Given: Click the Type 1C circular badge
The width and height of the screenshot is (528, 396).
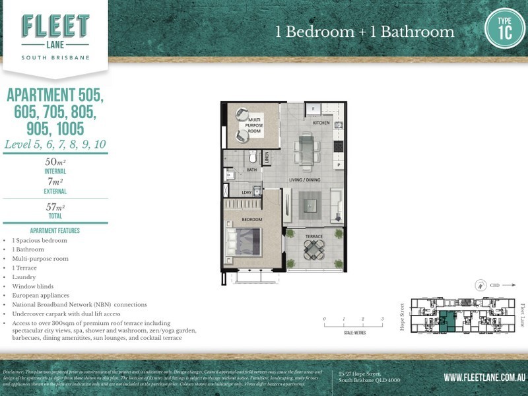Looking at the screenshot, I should [x=505, y=28].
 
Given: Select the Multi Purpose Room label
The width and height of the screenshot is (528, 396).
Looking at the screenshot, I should [x=255, y=125].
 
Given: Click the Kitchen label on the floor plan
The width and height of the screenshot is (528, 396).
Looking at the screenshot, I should [x=321, y=123].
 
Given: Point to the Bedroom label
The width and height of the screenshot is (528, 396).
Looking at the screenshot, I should [x=251, y=219].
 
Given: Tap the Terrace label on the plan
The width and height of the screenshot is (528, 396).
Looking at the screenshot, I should [x=313, y=236].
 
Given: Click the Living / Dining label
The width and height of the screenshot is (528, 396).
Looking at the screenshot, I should [x=304, y=180].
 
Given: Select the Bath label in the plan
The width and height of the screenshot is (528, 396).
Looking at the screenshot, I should [x=251, y=170].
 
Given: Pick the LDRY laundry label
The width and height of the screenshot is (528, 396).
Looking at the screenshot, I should [x=246, y=193].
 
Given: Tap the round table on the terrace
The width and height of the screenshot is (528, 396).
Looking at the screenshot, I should [x=314, y=249].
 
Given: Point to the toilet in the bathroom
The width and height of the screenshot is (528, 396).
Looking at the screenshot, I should [x=251, y=157].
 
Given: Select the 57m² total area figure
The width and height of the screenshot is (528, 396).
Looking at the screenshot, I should [x=55, y=207].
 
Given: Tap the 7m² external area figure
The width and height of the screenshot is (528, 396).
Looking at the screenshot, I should [x=55, y=182].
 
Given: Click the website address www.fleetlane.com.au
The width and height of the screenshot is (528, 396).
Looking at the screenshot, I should [x=484, y=378].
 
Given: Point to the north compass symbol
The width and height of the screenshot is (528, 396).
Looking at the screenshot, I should [x=480, y=286].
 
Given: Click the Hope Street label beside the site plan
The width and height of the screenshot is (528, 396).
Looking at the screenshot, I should [x=403, y=317].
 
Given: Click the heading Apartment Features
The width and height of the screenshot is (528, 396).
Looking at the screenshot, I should [x=55, y=231].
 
